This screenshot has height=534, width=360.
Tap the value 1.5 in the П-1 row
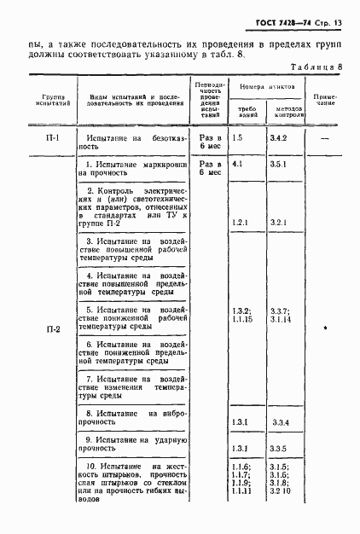238,136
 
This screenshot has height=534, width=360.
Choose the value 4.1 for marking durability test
238,163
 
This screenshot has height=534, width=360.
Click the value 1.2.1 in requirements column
240,223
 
